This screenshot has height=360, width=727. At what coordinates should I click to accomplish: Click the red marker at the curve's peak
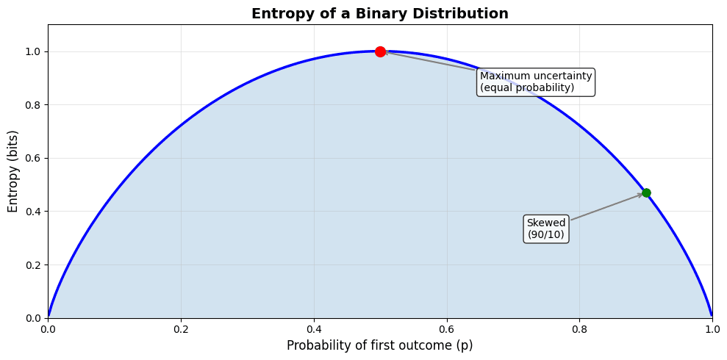[x=380, y=51]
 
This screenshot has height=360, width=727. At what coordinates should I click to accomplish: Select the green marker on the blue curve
[x=646, y=193]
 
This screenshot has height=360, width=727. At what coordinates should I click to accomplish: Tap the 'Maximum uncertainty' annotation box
[x=536, y=82]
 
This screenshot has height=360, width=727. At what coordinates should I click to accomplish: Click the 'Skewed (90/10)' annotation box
[x=546, y=228]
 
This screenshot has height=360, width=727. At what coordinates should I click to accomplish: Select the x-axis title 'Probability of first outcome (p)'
[x=380, y=345]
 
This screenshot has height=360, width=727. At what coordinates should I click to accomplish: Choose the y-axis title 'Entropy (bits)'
[x=13, y=171]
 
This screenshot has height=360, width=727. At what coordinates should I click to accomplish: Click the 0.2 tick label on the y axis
[x=32, y=265]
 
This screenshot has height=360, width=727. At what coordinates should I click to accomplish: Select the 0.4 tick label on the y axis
[x=32, y=212]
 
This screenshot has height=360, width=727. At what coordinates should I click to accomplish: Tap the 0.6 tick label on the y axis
[x=32, y=159]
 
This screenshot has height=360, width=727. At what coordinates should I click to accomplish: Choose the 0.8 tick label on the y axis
[x=32, y=105]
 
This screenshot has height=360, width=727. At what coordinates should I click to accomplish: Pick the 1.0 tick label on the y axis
[x=32, y=52]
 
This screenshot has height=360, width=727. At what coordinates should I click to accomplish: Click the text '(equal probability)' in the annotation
[x=527, y=88]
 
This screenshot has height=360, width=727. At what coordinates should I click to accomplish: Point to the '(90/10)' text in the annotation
[x=546, y=235]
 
